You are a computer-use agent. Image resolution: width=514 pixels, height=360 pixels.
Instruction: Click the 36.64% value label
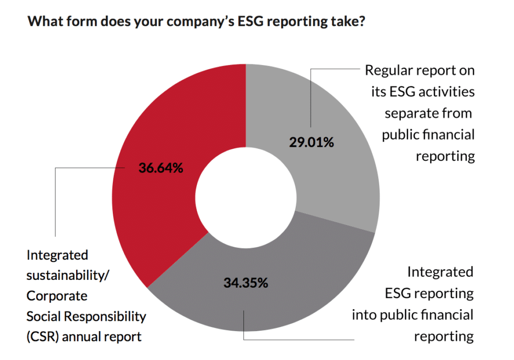click(x=160, y=169)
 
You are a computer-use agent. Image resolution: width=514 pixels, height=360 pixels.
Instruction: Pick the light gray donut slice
click(x=336, y=173)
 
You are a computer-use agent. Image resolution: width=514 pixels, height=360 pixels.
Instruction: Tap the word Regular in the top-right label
click(x=389, y=70)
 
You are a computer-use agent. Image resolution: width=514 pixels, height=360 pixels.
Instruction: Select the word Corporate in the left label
click(x=57, y=296)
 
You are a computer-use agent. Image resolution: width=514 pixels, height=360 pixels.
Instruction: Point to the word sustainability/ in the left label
click(x=67, y=275)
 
